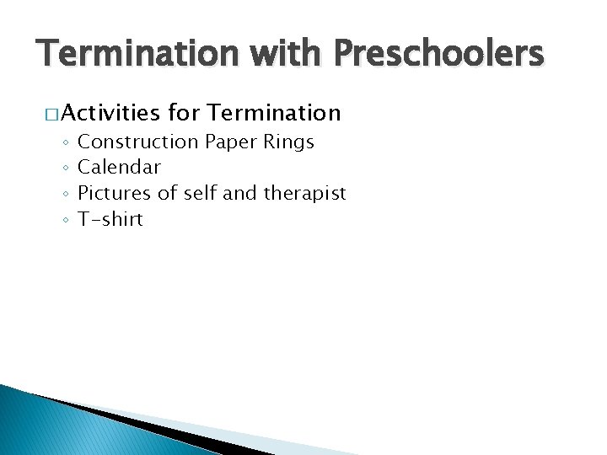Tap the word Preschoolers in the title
(x=438, y=55)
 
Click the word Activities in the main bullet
(x=110, y=112)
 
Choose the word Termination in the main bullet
(x=273, y=112)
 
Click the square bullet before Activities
(x=51, y=114)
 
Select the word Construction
(x=136, y=142)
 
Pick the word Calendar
(x=119, y=167)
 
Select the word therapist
(x=304, y=193)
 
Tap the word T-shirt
(x=110, y=219)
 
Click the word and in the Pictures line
(x=241, y=193)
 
